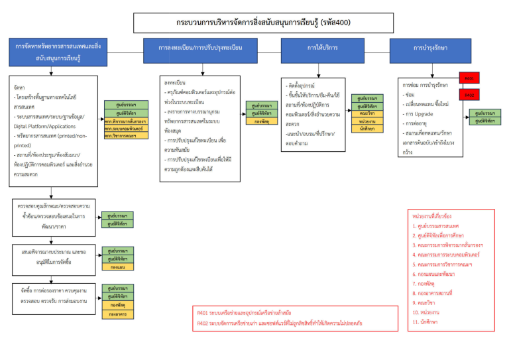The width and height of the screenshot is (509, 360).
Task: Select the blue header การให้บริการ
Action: coord(321,48)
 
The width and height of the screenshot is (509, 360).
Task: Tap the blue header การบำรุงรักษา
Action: coord(430,48)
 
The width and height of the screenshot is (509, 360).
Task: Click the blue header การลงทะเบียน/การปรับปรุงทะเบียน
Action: coord(200,49)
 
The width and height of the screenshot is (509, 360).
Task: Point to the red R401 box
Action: coord(469,78)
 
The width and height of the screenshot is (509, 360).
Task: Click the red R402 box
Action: coord(469,95)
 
